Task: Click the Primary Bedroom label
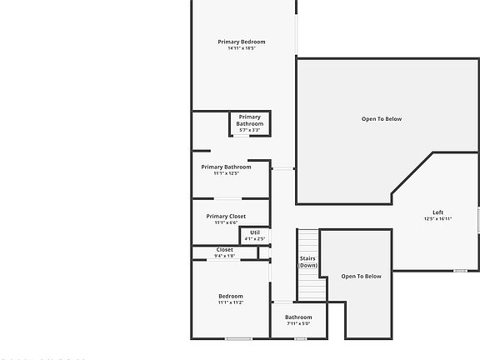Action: (x=242, y=42)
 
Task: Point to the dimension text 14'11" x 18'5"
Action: (x=242, y=48)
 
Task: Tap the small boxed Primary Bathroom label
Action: (x=249, y=121)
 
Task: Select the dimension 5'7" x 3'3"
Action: (x=249, y=130)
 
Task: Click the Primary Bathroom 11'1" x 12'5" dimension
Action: (x=226, y=173)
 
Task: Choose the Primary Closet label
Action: (x=226, y=217)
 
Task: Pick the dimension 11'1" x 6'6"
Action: (x=226, y=222)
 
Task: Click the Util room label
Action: (x=255, y=232)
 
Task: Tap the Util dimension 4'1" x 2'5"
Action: (x=255, y=239)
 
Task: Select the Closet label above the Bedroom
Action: (x=225, y=250)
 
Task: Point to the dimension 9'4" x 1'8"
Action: (x=225, y=256)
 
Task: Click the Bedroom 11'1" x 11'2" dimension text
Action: (x=231, y=302)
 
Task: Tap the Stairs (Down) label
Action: (x=308, y=262)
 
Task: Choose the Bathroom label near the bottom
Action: (x=298, y=317)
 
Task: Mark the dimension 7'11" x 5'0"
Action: (x=298, y=323)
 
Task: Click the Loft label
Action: (x=437, y=212)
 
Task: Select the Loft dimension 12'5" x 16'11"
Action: (x=437, y=219)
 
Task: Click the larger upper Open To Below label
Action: (x=382, y=119)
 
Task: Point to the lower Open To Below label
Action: (x=362, y=277)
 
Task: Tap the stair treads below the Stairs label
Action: (x=312, y=287)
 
